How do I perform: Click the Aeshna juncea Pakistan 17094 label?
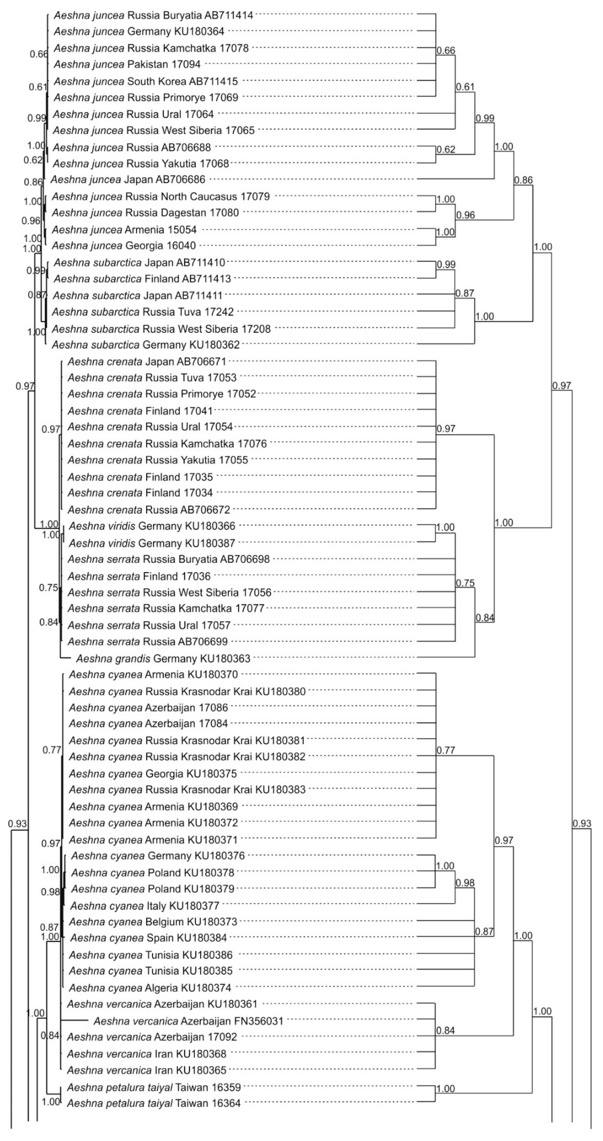coord(127,65)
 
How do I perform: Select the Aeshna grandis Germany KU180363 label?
coord(163,659)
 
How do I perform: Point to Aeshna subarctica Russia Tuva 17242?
coord(143,312)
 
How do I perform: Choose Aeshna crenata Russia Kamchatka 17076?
coord(167,444)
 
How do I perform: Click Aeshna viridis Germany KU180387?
coord(152,543)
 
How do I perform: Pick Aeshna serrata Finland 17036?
coord(139,576)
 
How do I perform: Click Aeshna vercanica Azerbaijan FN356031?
coord(188,1021)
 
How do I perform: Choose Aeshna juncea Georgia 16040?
coord(124,246)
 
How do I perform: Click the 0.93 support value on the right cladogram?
coord(582,824)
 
